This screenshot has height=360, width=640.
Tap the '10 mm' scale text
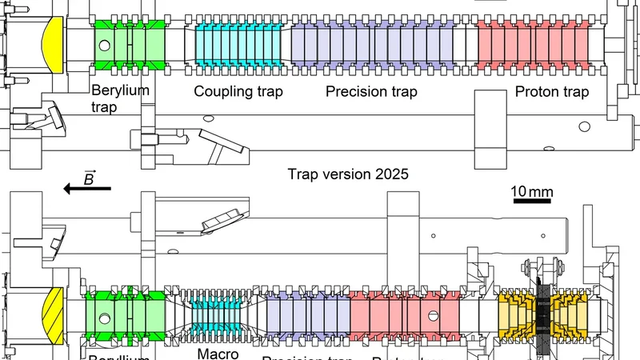click(530, 191)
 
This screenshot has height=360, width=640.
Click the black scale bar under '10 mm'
click(530, 202)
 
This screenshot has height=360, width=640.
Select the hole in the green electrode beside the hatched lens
click(103, 319)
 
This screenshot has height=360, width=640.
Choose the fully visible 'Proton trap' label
click(552, 92)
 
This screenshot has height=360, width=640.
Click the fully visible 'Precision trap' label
click(371, 91)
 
